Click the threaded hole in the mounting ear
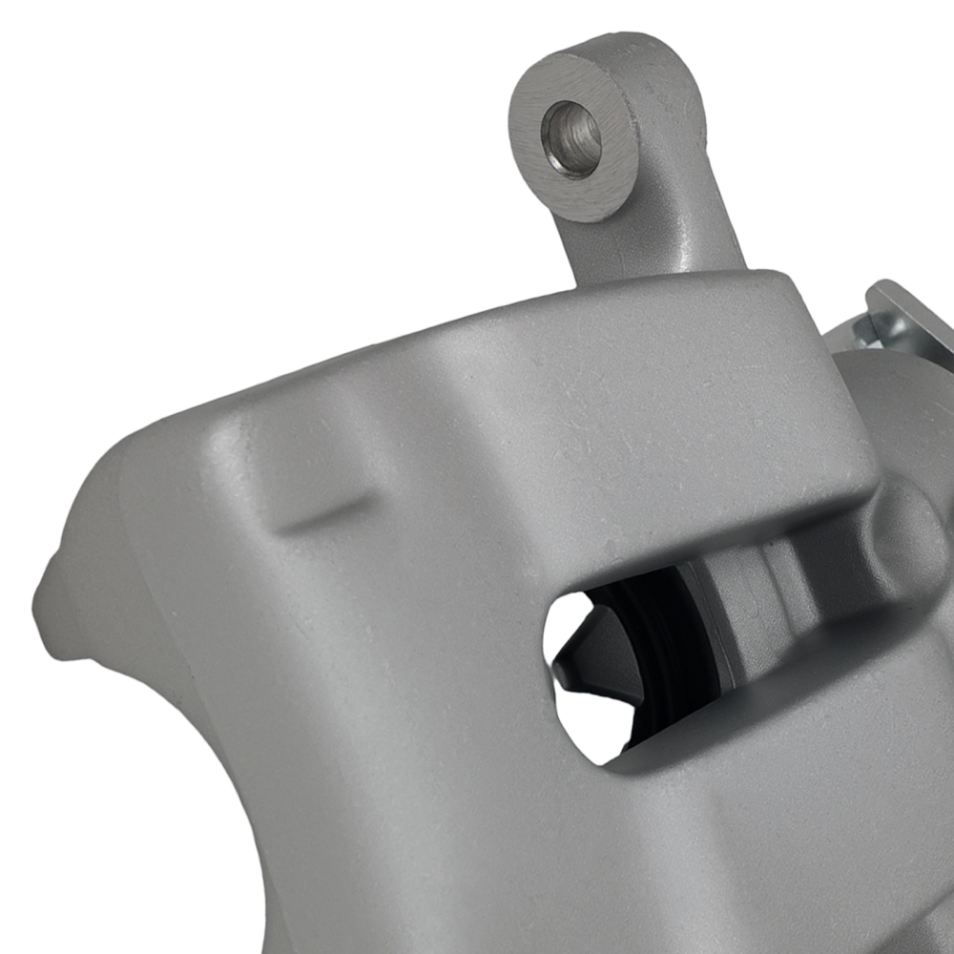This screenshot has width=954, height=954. [x=571, y=138]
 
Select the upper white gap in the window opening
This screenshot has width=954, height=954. [x=568, y=620]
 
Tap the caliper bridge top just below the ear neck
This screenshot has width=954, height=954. [x=649, y=315]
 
